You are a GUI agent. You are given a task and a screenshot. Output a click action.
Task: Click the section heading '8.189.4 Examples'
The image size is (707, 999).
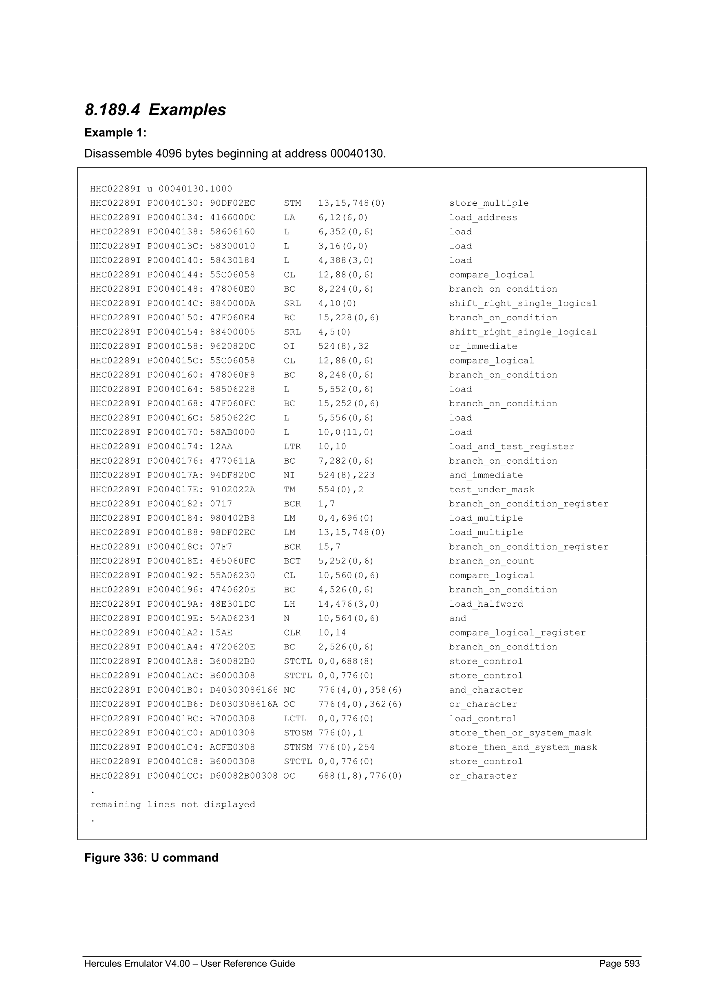click(x=155, y=110)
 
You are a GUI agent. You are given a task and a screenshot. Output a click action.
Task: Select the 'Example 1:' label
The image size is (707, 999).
click(x=115, y=133)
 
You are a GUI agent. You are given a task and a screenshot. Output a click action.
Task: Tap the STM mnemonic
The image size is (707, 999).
click(x=292, y=203)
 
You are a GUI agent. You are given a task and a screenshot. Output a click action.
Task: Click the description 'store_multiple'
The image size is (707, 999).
click(x=489, y=203)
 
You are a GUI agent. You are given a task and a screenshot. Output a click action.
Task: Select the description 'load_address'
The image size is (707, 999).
click(x=483, y=218)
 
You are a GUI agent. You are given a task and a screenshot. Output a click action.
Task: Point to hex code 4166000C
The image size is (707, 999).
click(x=232, y=218)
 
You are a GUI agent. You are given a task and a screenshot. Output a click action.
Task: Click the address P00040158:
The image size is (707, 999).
click(x=175, y=346)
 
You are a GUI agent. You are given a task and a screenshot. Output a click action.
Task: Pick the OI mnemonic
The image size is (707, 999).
click(x=289, y=346)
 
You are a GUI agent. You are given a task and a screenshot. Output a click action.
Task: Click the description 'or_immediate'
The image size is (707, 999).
click(x=483, y=346)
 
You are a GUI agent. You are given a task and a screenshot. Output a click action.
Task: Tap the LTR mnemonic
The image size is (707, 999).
click(x=292, y=447)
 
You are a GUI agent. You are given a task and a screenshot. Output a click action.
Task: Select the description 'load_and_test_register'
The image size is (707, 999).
click(x=512, y=447)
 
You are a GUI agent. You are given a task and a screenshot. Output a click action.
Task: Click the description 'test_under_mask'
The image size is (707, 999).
click(x=491, y=489)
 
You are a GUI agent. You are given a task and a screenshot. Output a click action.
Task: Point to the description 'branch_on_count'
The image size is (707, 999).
click(x=491, y=561)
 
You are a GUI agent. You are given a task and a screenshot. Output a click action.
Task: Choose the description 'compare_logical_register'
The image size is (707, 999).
click(x=517, y=633)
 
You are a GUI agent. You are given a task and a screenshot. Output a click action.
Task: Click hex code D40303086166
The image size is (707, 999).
click(x=244, y=690)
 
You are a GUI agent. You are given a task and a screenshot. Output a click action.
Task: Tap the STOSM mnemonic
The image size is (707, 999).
click(x=298, y=733)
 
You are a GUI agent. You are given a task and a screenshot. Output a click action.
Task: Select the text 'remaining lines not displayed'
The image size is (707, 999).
click(x=172, y=805)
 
